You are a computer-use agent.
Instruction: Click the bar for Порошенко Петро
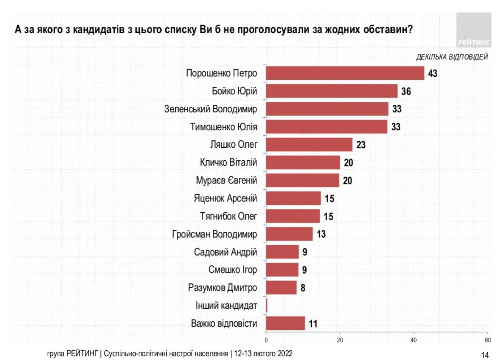(x=345, y=73)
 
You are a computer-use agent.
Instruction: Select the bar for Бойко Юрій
(x=332, y=91)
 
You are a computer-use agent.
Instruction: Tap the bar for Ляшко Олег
(x=309, y=145)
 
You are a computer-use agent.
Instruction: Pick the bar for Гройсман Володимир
(x=289, y=234)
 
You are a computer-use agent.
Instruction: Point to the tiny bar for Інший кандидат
(x=267, y=305)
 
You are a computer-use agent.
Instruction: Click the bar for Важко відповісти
(x=285, y=323)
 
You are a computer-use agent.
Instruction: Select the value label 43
(x=433, y=74)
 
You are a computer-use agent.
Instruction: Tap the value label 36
(x=406, y=91)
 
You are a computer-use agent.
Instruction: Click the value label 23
(x=361, y=145)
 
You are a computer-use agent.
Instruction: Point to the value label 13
(x=321, y=234)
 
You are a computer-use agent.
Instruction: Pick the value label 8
(x=303, y=288)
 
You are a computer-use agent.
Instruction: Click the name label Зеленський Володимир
(x=211, y=109)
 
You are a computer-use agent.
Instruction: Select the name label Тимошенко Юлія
(x=224, y=127)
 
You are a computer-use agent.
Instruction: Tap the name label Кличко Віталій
(x=228, y=162)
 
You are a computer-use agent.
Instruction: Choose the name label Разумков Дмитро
(x=223, y=288)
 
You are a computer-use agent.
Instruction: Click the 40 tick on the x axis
(x=413, y=340)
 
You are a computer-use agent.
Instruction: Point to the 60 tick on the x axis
(x=488, y=340)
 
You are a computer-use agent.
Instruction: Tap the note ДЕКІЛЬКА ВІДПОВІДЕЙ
(x=452, y=57)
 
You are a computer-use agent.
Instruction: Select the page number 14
(x=485, y=355)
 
